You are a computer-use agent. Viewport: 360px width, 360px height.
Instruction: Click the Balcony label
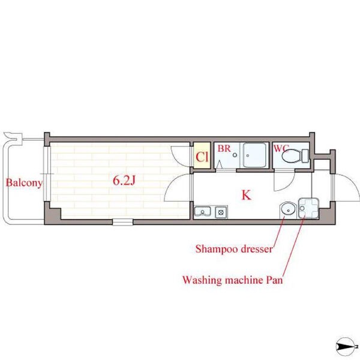(x=25, y=183)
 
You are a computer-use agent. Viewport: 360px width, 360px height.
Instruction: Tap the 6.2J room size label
(x=124, y=181)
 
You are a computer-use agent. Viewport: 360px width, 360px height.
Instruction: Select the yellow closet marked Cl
(x=202, y=155)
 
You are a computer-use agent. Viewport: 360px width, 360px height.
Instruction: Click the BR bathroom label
(x=224, y=149)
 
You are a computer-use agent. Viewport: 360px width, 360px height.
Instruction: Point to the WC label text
(x=281, y=149)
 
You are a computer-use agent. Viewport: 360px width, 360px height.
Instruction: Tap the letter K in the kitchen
(x=247, y=196)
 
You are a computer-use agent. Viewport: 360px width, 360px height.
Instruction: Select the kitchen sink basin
(x=203, y=211)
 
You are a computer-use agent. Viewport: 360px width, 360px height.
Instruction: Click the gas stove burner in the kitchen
(x=221, y=212)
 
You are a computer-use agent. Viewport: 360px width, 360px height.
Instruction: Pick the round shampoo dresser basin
(x=288, y=209)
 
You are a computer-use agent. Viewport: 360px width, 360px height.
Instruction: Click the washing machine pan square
(x=308, y=208)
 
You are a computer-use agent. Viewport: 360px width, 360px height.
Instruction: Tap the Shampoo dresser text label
(x=234, y=249)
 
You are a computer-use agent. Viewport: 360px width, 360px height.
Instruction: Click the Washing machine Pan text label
(x=233, y=280)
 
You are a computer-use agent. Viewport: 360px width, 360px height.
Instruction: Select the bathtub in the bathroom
(x=254, y=155)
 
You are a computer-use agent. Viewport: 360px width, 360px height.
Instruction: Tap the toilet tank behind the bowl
(x=305, y=156)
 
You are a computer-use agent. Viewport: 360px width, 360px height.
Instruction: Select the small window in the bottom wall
(x=123, y=222)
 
